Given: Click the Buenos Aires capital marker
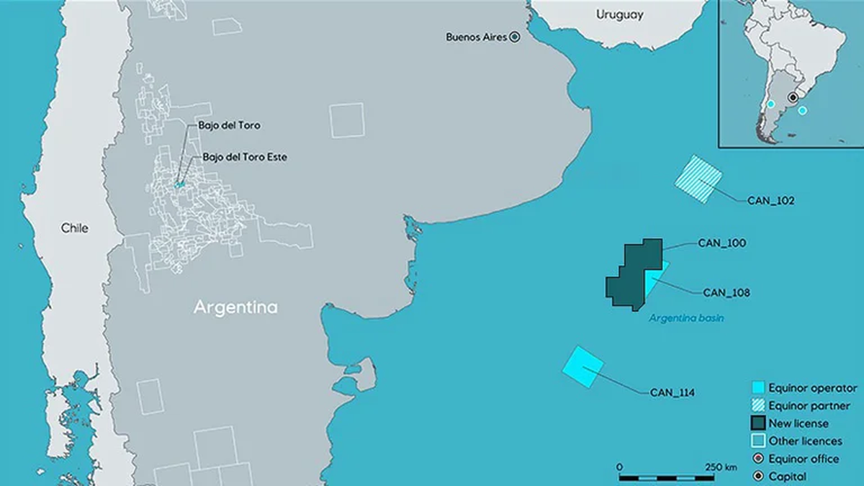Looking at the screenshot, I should point(515,37).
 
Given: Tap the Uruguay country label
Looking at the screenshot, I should point(619,14).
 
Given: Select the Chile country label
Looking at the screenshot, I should point(74,228).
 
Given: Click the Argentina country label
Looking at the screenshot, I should point(235,307).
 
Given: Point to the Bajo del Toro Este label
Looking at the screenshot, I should point(245,157).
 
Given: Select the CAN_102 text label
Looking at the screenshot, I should point(770,201).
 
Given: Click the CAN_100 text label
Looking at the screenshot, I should point(721,243).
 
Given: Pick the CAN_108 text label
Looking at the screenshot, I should point(726,292).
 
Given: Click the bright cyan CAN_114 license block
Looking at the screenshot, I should point(582,367).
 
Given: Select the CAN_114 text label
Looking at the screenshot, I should point(673,392).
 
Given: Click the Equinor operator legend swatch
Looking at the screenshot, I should point(756,389).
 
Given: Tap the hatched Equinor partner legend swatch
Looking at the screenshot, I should point(756,406).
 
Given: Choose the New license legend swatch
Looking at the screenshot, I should point(756,423).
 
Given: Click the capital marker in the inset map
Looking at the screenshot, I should point(793,96).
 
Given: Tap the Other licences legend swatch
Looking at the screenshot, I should point(756,441).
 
